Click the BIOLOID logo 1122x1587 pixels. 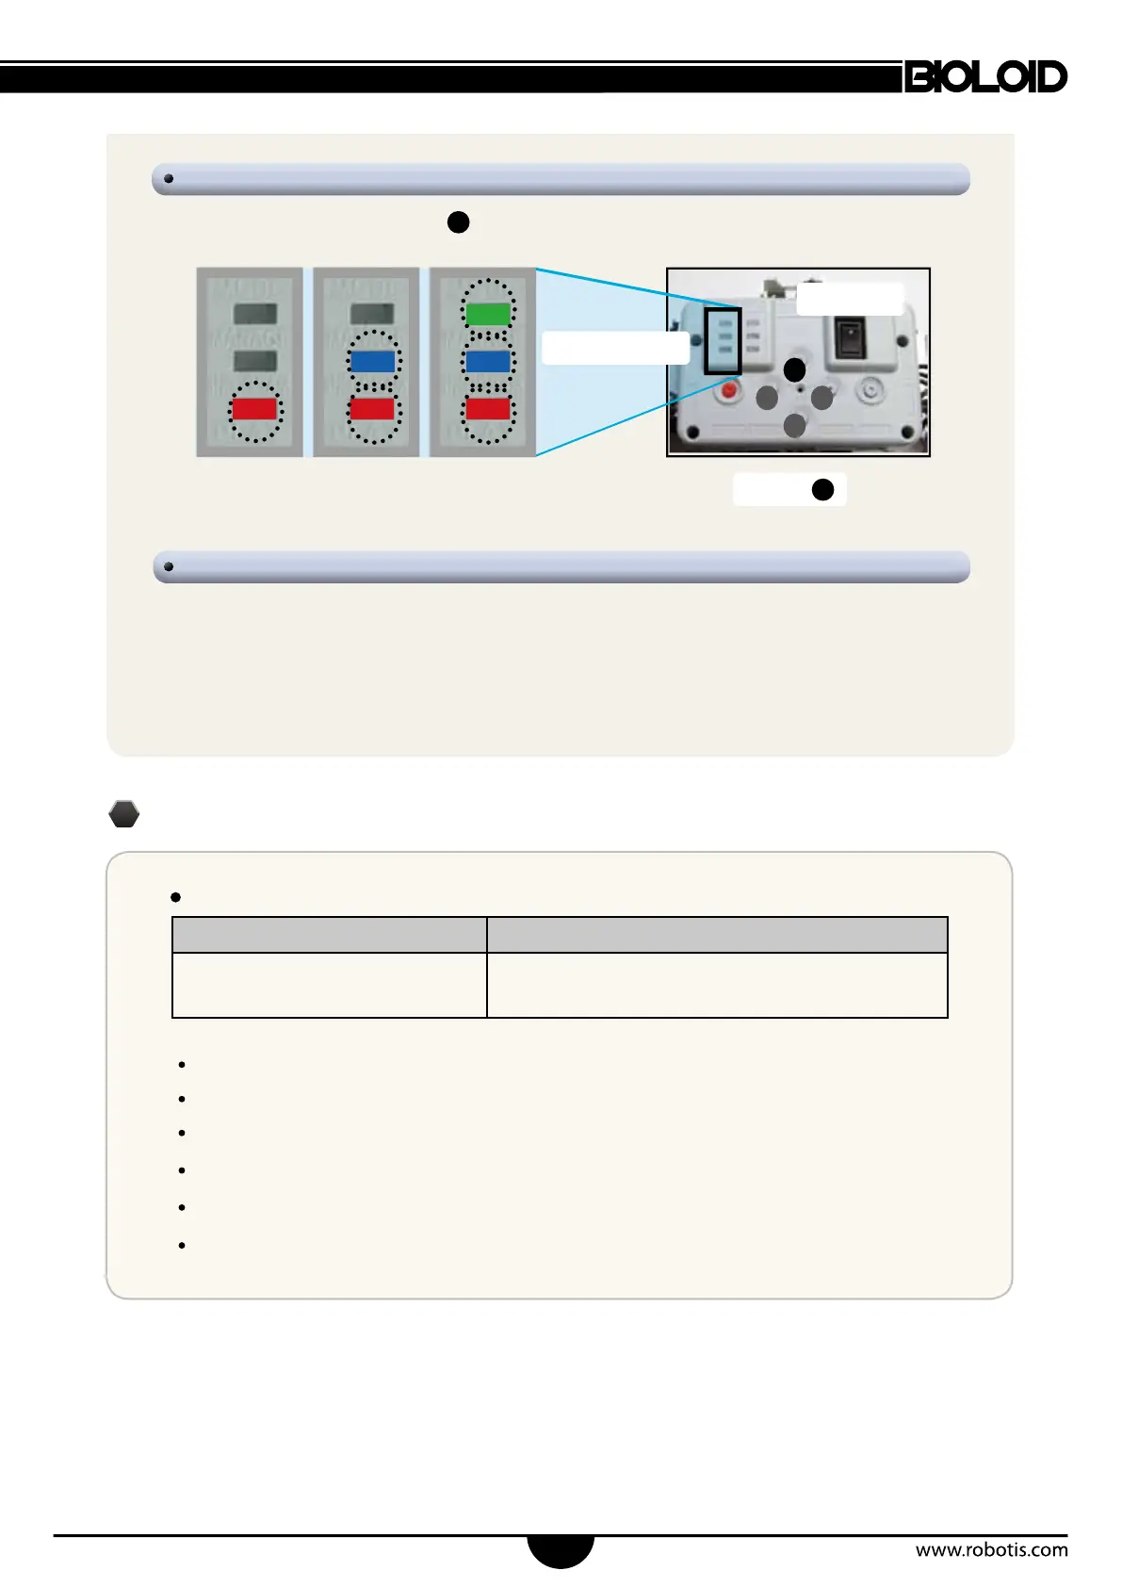(x=985, y=76)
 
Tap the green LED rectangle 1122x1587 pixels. (x=488, y=314)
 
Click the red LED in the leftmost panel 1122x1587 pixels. (x=254, y=409)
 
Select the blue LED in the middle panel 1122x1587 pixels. (x=372, y=361)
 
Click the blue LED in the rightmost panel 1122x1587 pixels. (x=488, y=361)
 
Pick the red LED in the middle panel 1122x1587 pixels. (x=372, y=409)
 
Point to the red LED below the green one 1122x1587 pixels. (x=488, y=409)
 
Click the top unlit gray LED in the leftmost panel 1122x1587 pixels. (x=254, y=314)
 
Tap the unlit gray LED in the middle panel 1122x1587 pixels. (x=372, y=314)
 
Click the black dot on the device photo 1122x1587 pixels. (x=795, y=369)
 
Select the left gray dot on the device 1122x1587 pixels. (x=767, y=398)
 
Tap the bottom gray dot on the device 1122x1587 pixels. (x=795, y=426)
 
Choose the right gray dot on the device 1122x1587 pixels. (x=822, y=398)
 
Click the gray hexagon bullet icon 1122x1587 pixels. (x=124, y=814)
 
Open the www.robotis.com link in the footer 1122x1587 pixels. (x=991, y=1549)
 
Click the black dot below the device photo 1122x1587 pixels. (x=822, y=490)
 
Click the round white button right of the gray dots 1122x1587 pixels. (x=870, y=389)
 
